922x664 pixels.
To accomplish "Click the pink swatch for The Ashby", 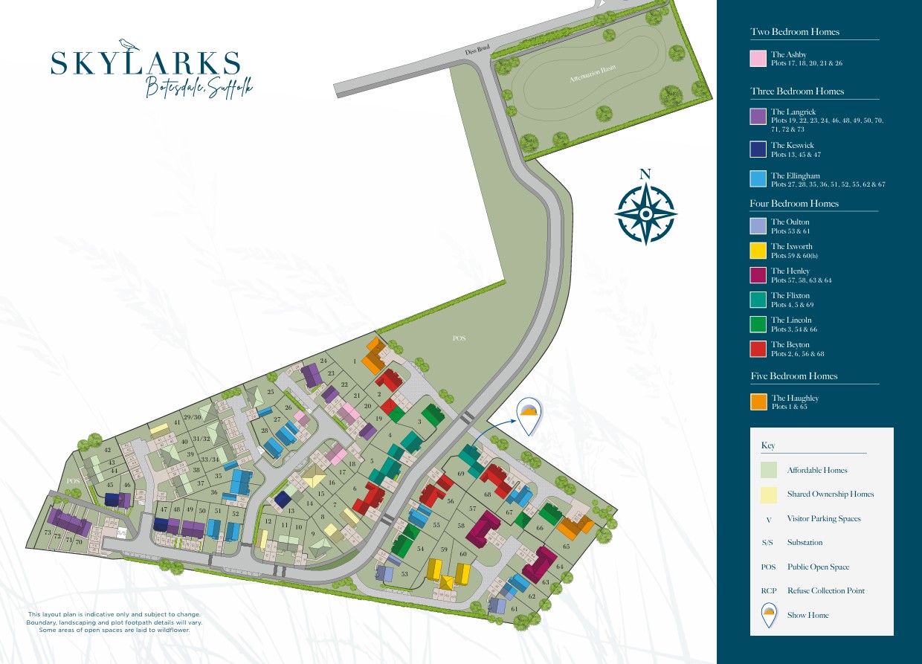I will click(x=758, y=59).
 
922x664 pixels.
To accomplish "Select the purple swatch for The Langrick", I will click(x=758, y=116).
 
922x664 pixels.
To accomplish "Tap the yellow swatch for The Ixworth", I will click(x=758, y=251).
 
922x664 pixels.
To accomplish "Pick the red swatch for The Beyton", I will click(x=758, y=349).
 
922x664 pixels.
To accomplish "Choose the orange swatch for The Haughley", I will click(x=758, y=402).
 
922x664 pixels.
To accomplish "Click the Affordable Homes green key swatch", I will click(x=769, y=470).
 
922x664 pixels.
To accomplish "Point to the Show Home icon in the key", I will click(x=769, y=615).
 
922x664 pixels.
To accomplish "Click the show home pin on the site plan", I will click(x=529, y=416).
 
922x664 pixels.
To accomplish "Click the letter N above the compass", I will click(x=645, y=175).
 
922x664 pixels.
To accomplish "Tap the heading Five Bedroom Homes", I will click(x=794, y=376).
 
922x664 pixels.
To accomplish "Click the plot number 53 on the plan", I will click(x=405, y=574).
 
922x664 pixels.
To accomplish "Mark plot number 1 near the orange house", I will click(x=355, y=361).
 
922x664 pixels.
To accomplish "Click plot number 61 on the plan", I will click(x=515, y=609).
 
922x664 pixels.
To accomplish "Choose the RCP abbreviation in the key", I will click(x=769, y=591).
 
